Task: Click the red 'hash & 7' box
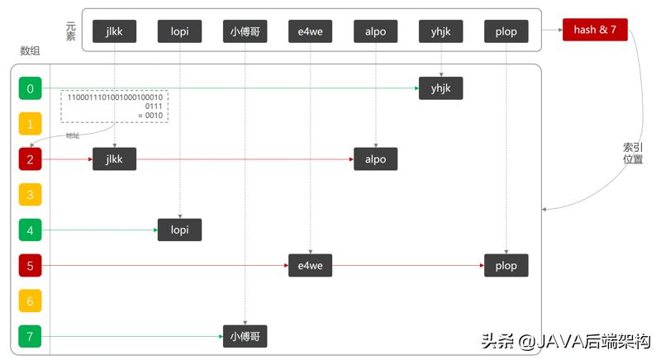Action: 595,31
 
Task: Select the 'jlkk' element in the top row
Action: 114,31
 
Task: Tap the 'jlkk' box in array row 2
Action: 114,159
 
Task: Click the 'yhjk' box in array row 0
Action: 440,88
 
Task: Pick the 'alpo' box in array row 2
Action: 375,159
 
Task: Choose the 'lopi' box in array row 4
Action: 179,230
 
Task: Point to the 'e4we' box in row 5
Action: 310,265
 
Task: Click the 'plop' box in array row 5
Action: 506,265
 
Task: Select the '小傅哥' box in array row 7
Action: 245,336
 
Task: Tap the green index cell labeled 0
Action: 30,88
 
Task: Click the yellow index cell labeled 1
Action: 30,124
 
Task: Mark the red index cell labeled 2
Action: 30,159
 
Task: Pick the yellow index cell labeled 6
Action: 30,301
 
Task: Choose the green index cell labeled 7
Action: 30,336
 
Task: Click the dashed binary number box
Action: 114,106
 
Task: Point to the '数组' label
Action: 30,51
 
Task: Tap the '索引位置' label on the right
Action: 633,153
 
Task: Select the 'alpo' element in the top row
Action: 375,31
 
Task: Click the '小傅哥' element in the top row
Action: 245,31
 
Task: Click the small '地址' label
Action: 74,135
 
